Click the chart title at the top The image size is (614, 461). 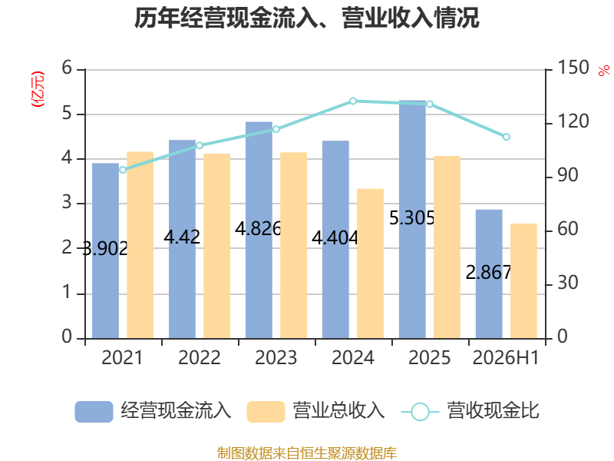307,18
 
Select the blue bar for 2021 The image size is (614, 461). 105,251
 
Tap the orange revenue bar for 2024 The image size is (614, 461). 370,264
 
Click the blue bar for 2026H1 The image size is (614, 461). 489,274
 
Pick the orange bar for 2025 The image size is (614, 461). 447,247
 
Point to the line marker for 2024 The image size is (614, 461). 353,101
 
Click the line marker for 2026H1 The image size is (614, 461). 507,137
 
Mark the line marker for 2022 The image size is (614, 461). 200,145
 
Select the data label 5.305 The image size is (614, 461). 411,218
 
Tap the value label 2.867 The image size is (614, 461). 488,273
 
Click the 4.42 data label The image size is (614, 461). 182,237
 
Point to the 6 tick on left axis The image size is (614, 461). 67,68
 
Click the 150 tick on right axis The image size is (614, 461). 573,68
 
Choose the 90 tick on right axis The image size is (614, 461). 568,175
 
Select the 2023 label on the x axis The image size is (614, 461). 276,357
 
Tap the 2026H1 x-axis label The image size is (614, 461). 506,357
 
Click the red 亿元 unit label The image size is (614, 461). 38,89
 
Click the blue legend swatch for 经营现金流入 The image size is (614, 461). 94,412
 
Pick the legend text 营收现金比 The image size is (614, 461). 494,410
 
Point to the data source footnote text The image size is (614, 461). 307,453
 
